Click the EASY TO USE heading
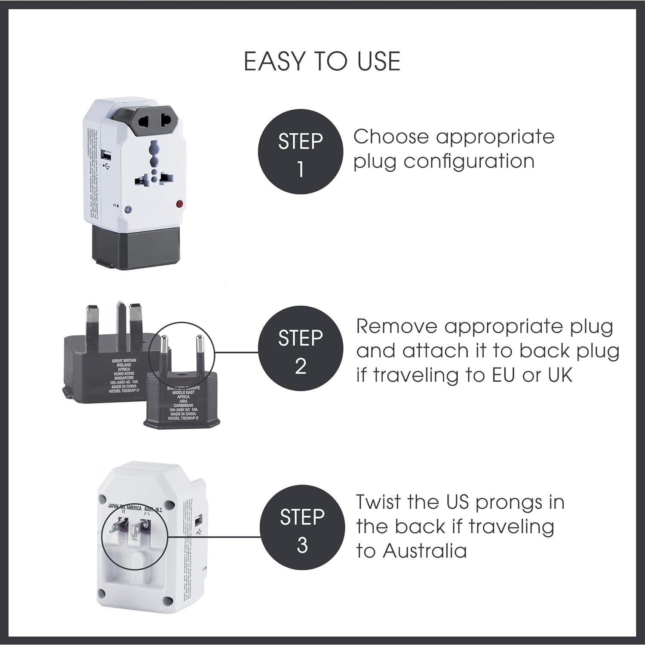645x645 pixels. tap(322, 61)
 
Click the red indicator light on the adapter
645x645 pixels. tap(180, 203)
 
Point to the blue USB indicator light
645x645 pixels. tap(128, 210)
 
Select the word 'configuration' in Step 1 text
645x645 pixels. tap(469, 162)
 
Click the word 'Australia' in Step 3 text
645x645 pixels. tap(424, 551)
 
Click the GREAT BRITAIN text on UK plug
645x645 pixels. tap(124, 360)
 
